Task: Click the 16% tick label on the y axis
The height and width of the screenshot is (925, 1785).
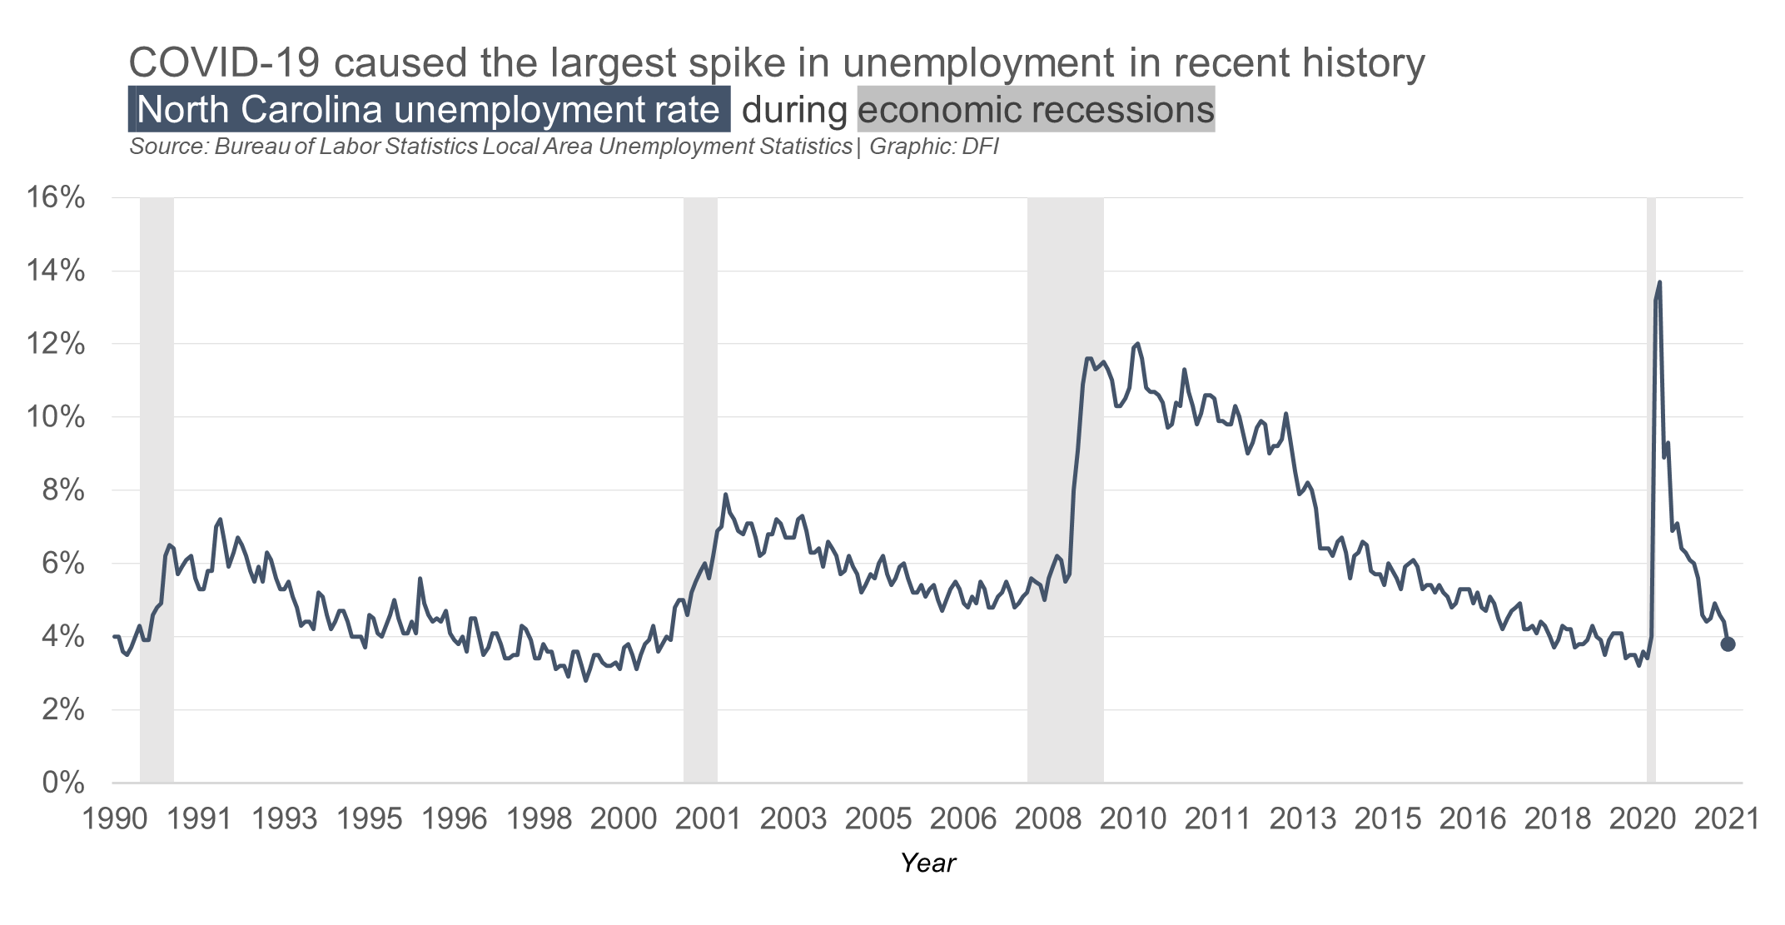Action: (56, 198)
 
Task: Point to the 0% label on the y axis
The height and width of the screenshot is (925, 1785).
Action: (62, 783)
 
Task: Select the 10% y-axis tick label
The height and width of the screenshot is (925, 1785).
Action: (56, 417)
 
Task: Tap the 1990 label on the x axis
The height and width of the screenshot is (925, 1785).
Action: (115, 819)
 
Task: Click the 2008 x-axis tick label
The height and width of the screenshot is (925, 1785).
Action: (1048, 819)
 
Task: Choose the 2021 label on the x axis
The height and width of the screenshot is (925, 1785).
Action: (1727, 819)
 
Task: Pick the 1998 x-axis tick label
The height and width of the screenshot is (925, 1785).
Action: (539, 819)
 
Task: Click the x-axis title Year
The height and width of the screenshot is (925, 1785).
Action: (927, 863)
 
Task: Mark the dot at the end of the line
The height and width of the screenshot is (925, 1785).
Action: (1728, 644)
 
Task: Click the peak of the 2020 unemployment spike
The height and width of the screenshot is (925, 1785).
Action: (1659, 282)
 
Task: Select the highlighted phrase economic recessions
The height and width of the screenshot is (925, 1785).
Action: (1036, 110)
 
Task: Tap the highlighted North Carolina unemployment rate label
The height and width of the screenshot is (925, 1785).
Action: (429, 110)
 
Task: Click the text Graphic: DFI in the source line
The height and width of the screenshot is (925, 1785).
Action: (933, 147)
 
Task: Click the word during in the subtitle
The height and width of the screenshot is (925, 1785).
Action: (794, 110)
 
